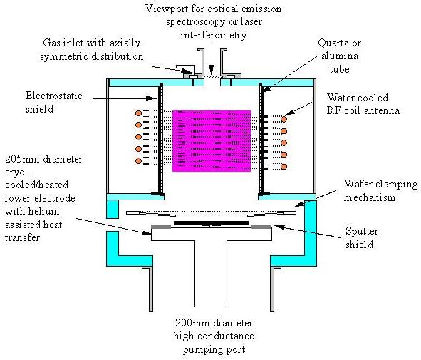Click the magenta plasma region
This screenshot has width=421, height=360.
click(x=211, y=140)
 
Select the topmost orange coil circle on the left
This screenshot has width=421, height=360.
click(x=136, y=113)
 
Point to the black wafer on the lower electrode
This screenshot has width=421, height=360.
click(x=210, y=223)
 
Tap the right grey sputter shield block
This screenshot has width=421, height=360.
click(x=261, y=228)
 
